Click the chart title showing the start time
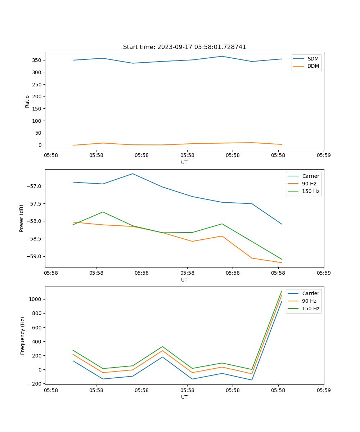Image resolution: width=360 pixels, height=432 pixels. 184,47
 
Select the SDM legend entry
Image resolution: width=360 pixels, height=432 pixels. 313,59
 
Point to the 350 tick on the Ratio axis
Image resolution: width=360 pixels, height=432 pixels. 38,60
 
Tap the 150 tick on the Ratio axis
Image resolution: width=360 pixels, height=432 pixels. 38,109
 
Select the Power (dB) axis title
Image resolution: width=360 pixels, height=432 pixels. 22,218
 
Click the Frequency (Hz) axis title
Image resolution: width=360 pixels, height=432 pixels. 22,336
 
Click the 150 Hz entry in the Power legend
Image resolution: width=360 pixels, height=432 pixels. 311,191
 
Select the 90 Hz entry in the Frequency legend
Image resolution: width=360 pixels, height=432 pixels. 309,301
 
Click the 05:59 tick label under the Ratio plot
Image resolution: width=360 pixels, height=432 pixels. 323,156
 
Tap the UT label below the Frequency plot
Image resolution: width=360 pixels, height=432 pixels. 184,397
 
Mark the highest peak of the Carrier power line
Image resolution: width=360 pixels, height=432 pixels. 132,174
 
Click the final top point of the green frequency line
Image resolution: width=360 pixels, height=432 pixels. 282,291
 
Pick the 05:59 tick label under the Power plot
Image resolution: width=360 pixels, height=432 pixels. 323,273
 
